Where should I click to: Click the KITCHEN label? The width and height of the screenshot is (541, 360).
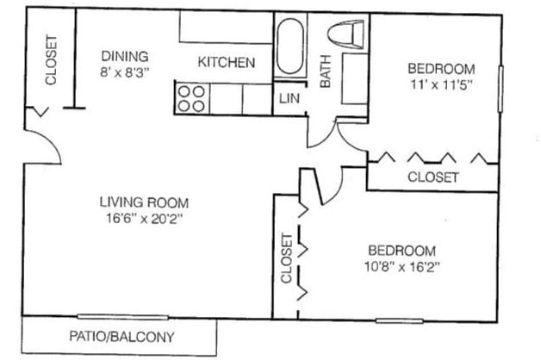tap(226, 62)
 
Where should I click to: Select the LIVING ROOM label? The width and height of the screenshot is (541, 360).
tap(144, 202)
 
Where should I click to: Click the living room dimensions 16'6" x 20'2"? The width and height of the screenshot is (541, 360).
tap(144, 219)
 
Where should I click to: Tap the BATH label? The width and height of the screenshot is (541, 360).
tap(326, 77)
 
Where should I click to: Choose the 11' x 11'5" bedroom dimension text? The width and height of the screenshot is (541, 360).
tap(441, 85)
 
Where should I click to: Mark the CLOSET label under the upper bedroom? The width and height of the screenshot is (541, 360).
tap(432, 177)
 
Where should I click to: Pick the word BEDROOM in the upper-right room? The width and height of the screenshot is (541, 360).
tap(441, 69)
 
